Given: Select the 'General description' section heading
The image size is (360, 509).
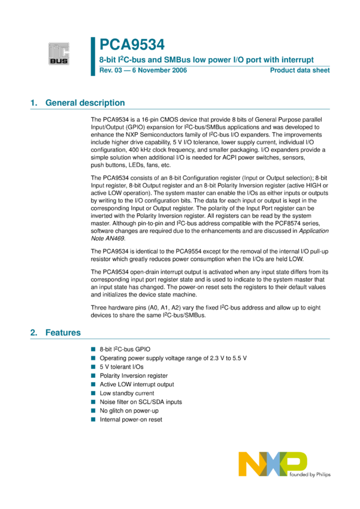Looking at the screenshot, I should (85, 103).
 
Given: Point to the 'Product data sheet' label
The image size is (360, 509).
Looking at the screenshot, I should (300, 71).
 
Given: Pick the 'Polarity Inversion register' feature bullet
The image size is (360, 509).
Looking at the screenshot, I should (134, 375).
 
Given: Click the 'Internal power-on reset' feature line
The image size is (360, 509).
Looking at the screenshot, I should (131, 420).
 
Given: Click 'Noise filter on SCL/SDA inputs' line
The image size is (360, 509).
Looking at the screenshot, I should (141, 402).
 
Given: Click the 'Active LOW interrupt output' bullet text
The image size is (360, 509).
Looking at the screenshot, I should (137, 384).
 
